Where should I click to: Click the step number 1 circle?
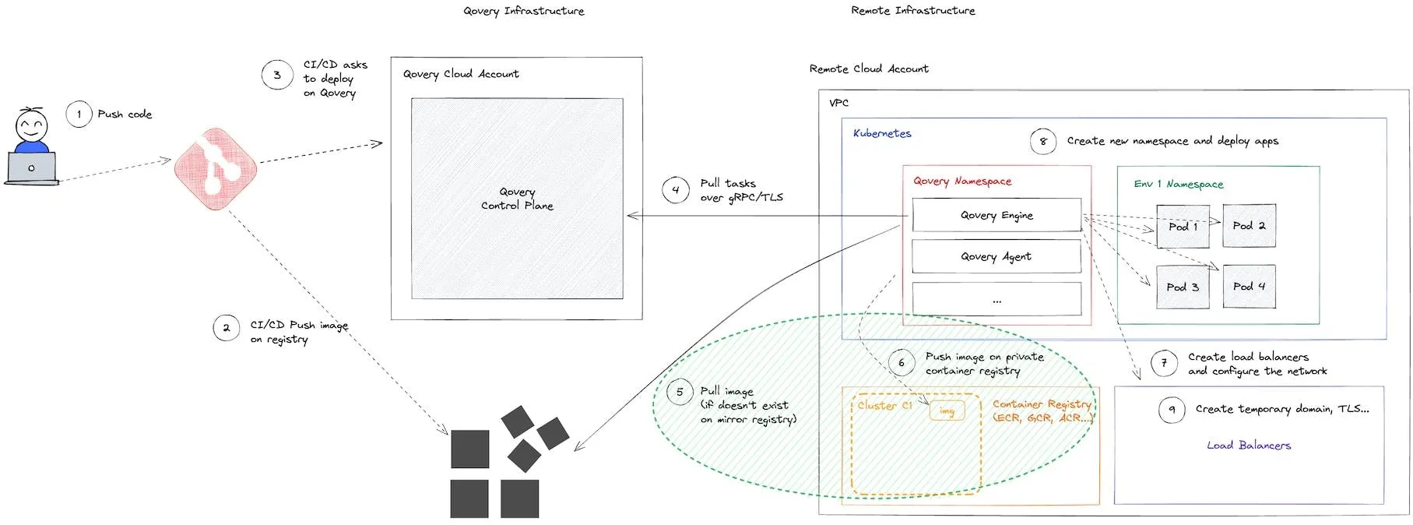[79, 115]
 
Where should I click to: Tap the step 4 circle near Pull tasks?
[675, 190]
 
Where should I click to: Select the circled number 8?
[1043, 142]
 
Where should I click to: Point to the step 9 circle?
[1172, 410]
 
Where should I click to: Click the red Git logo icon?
[216, 169]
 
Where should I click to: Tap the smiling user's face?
[32, 125]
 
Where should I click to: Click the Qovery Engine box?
[996, 216]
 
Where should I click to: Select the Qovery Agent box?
[996, 256]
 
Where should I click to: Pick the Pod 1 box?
[1183, 227]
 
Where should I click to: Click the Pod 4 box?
[1249, 287]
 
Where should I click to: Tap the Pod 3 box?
[1183, 287]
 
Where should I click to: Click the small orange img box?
[947, 411]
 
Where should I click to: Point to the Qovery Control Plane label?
[517, 199]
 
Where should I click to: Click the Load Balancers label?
[1249, 446]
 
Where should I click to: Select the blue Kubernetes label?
[882, 133]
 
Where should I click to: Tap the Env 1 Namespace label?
[1179, 184]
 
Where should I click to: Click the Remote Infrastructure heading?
[912, 11]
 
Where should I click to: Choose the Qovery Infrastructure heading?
[523, 11]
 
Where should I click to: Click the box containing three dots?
[996, 300]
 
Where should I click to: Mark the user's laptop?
[32, 168]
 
